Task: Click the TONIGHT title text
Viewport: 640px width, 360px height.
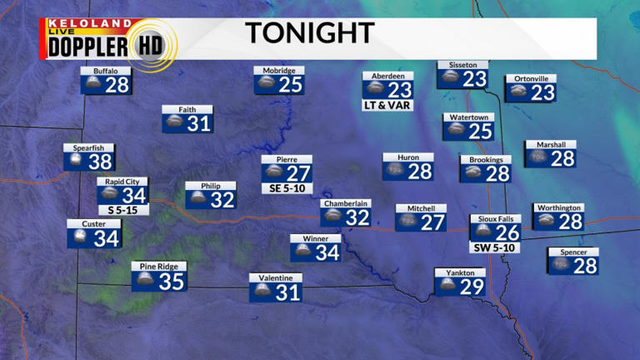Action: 308,33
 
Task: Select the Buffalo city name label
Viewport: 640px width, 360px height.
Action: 106,72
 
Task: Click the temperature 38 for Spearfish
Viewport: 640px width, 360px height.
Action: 100,162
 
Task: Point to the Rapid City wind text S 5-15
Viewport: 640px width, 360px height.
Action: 122,210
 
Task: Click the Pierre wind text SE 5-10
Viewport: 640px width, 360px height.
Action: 287,188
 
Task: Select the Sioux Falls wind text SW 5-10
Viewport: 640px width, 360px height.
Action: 495,247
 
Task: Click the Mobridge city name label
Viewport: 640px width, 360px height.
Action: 278,71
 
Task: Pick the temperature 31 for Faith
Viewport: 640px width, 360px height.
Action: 199,123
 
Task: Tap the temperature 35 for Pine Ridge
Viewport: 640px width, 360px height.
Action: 171,282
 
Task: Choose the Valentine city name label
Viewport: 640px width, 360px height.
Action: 275,277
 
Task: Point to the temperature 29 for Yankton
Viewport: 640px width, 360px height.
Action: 472,287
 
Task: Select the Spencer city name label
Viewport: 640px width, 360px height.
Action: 573,252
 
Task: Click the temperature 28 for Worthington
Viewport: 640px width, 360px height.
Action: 570,222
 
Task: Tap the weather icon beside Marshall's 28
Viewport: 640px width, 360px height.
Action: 538,157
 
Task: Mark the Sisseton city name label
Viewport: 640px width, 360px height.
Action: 462,64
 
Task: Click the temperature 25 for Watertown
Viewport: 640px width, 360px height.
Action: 480,131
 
